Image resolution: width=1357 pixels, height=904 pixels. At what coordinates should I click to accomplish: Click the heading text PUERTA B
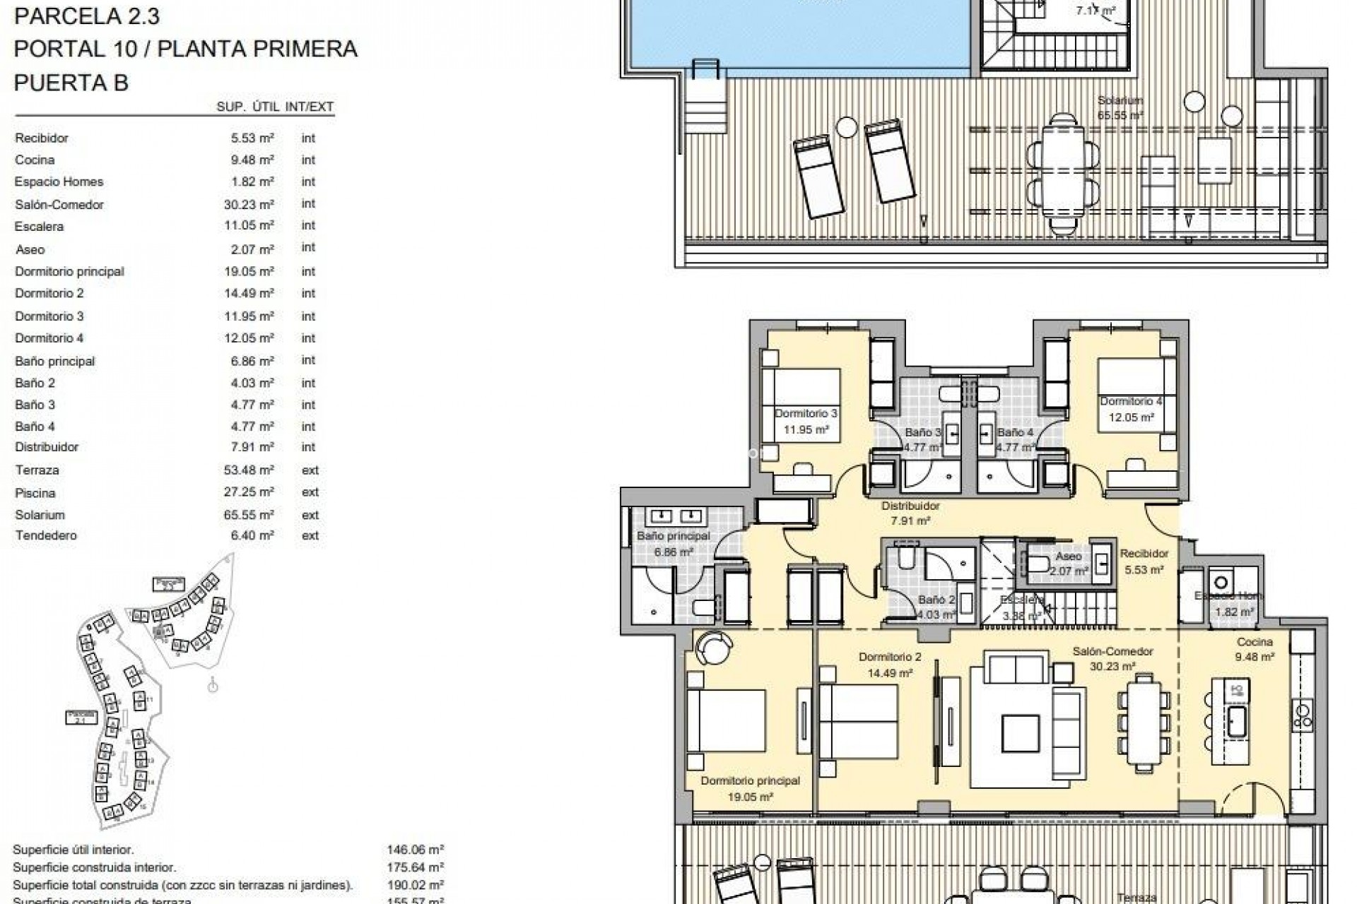point(71,83)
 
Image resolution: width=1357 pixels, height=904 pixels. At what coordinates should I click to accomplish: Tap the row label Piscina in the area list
point(35,493)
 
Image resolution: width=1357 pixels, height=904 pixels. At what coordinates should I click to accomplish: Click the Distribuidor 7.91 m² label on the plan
point(910,513)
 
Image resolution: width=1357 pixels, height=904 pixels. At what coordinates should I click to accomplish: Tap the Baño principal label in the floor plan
point(673,543)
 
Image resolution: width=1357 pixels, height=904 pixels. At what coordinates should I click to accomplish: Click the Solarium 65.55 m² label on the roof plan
point(1120,107)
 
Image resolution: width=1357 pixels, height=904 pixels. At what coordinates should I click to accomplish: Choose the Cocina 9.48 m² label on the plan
point(1255,649)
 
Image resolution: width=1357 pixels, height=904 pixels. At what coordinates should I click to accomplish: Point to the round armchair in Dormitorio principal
point(709,647)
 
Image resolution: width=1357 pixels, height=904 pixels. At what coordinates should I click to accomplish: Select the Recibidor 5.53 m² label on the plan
point(1144,561)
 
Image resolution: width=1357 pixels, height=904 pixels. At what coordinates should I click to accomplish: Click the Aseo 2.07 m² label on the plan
point(1069,564)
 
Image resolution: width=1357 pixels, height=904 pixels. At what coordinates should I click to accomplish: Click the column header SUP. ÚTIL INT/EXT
point(275,107)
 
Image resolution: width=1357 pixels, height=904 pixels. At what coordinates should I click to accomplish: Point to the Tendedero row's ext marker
point(310,536)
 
